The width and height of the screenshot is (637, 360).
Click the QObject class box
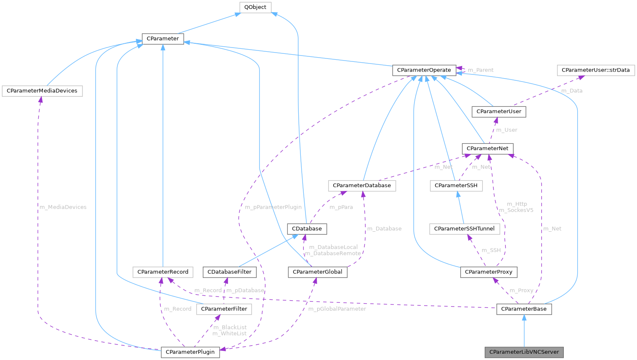coord(255,8)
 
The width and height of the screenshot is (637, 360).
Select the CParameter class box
coord(163,39)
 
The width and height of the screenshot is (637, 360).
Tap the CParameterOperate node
coord(424,70)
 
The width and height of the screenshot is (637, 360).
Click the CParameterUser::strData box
coord(595,70)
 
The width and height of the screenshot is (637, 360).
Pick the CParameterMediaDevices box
coord(42,91)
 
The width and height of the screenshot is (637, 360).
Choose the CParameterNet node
coord(487,148)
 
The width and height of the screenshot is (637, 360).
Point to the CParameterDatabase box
coord(362,185)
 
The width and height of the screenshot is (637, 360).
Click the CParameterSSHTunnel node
coord(464,229)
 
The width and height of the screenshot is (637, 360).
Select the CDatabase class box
coord(307,229)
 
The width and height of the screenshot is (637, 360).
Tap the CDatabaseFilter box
coord(229,272)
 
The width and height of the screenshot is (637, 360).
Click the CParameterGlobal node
coord(317,272)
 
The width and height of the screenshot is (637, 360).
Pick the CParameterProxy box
coord(488,272)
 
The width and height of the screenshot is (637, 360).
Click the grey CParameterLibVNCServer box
coord(524,352)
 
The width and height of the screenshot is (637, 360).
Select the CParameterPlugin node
coord(190,352)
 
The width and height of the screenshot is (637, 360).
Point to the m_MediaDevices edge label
coord(63,207)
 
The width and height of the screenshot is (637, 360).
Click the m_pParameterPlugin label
coord(273,207)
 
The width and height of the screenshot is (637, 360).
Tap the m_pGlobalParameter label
coord(337,309)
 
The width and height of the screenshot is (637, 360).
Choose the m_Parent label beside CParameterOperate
coord(480,70)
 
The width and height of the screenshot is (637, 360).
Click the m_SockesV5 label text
coord(516,210)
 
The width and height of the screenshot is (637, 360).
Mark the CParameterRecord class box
coord(163,272)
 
